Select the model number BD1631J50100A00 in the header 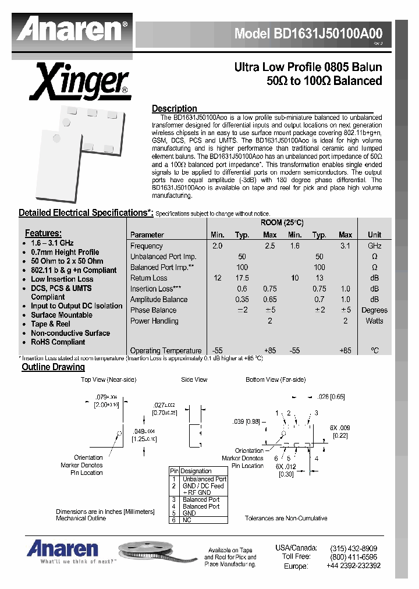(x=308, y=34)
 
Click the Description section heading (x=174, y=108)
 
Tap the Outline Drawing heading (x=53, y=367)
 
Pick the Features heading (x=43, y=233)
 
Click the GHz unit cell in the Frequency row (x=374, y=246)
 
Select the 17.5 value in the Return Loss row (x=242, y=278)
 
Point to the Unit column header (x=374, y=235)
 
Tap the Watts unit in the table (x=374, y=321)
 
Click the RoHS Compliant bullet (x=58, y=342)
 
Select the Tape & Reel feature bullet (x=51, y=324)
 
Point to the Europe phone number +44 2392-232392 (x=349, y=565)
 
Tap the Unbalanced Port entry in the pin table (x=204, y=479)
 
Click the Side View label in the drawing (x=194, y=379)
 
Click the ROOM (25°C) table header (x=285, y=223)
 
